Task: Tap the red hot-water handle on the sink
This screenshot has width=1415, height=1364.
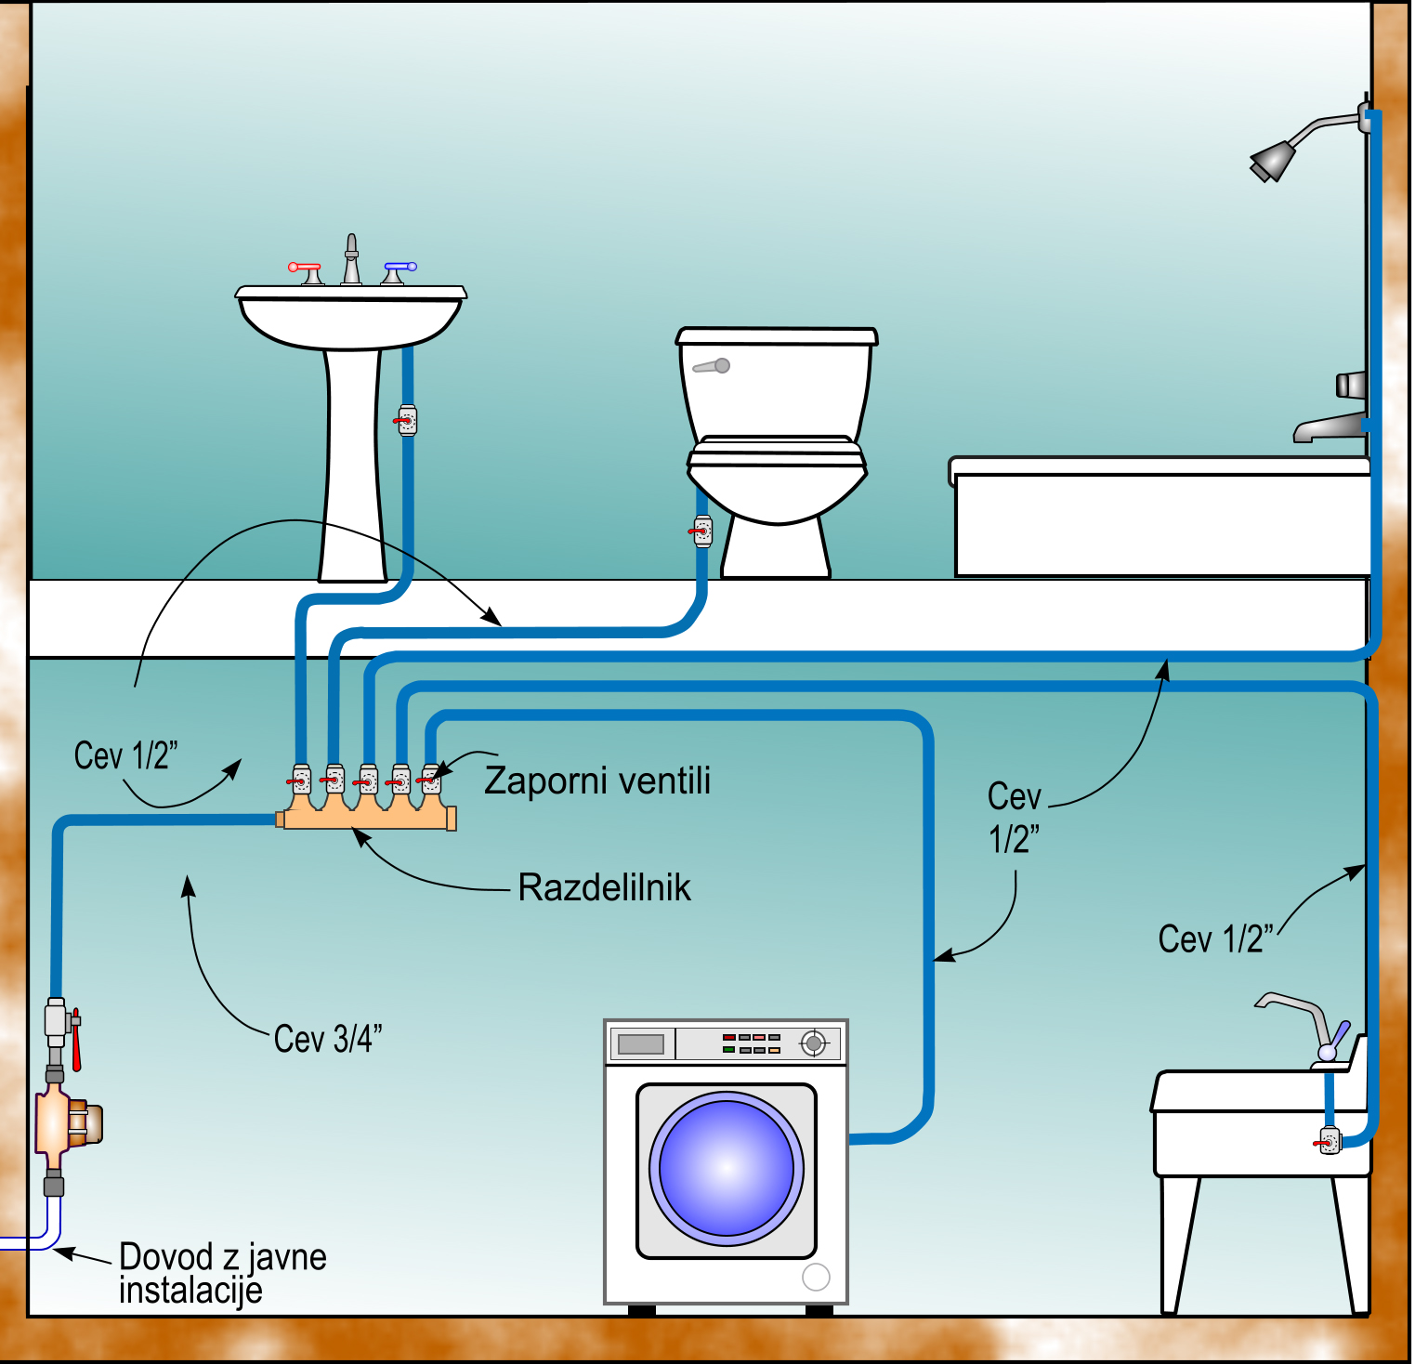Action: point(305,268)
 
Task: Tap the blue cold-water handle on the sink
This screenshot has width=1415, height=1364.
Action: point(400,268)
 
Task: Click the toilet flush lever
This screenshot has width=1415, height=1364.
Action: point(713,366)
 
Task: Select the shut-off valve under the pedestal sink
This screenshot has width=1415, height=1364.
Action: point(407,421)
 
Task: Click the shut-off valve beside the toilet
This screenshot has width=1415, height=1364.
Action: point(702,531)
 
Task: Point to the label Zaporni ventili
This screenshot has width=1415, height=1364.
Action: point(597,780)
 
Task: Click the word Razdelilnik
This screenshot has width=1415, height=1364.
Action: point(604,888)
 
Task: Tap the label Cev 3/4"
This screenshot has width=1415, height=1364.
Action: point(328,1039)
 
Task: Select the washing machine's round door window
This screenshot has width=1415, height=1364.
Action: point(727,1169)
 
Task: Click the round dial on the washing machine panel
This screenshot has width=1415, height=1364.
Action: point(814,1043)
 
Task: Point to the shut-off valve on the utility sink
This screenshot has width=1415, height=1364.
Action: point(1330,1140)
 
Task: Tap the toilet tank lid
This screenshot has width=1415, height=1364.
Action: point(777,336)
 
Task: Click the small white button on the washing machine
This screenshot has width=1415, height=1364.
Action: point(816,1278)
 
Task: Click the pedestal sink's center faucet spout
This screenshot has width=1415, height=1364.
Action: point(351,259)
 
